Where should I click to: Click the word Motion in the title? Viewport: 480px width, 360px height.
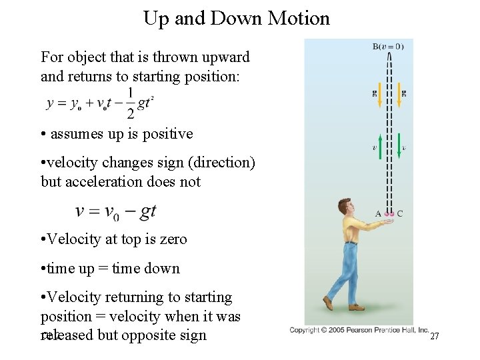[x=299, y=18]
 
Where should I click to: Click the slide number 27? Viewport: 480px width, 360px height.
[x=435, y=336]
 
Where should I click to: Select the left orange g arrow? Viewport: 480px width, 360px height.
[x=381, y=96]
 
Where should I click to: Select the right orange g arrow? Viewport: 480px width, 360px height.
[x=398, y=96]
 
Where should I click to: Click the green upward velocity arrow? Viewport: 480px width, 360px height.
[x=381, y=147]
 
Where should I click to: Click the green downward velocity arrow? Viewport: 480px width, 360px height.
[x=398, y=147]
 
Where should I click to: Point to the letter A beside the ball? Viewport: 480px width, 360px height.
[x=378, y=214]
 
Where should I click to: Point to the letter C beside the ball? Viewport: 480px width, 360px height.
[x=400, y=214]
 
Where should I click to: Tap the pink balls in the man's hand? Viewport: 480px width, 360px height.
[x=389, y=215]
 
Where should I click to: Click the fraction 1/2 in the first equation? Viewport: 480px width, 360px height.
[x=130, y=103]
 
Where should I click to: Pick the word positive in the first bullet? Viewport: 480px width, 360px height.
[x=167, y=133]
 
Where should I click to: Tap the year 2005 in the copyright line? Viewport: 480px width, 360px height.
[x=340, y=330]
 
